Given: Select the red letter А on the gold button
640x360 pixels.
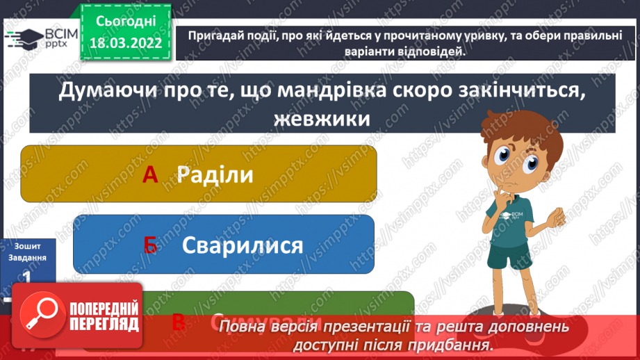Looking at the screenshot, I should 151,176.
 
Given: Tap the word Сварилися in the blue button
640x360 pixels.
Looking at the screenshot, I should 243,245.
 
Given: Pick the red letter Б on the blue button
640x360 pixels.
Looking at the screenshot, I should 151,245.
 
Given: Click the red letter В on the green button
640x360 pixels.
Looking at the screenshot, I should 178,320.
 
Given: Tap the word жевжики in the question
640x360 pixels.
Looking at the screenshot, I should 321,119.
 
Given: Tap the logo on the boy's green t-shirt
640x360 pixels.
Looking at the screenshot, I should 516,216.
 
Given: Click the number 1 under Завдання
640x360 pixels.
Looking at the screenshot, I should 27,276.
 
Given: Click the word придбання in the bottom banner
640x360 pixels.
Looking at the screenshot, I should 458,345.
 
